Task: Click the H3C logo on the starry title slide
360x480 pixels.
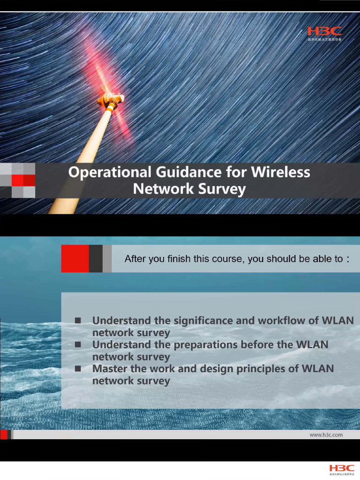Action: coord(324,31)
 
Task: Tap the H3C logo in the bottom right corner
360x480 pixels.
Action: coord(342,468)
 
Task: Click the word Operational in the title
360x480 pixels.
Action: coord(109,172)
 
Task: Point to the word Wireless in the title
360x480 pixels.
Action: coord(280,172)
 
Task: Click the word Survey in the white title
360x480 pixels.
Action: coord(223,189)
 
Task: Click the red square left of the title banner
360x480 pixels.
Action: coord(18,180)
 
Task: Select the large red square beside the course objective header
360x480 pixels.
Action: coord(75,258)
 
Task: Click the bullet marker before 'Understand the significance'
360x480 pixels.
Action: coord(78,321)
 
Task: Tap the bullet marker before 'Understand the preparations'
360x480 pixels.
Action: coord(78,345)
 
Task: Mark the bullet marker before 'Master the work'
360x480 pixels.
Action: coord(78,369)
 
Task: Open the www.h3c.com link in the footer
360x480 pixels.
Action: coord(326,435)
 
